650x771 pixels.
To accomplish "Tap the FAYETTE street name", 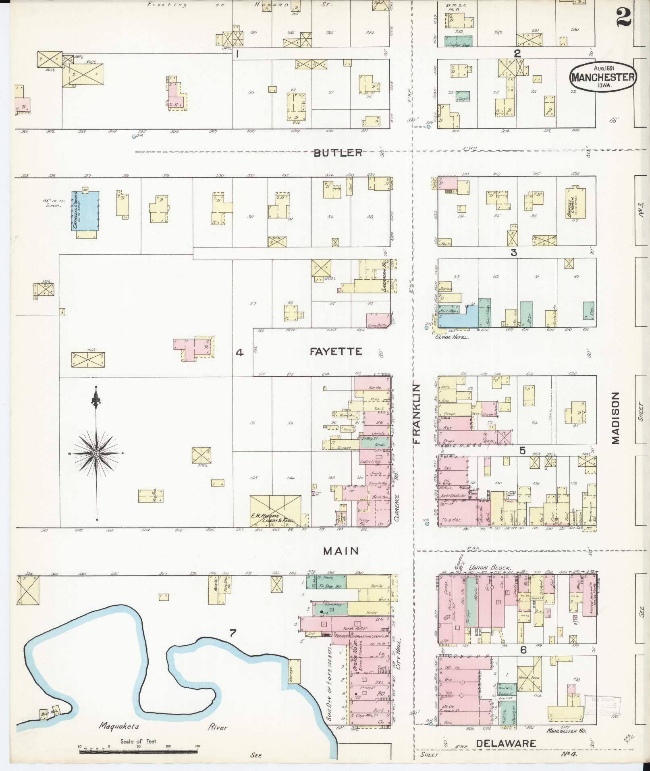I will tap(336, 351).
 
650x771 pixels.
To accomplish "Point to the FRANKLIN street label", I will tap(416, 414).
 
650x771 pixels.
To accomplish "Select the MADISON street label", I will tap(615, 418).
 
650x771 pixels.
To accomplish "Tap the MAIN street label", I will tap(341, 551).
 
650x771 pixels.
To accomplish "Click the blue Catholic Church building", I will tap(85, 210).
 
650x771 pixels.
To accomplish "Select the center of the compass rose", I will tap(96, 454).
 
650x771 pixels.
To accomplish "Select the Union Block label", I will tap(490, 566).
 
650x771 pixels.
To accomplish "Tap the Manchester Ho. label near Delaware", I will tap(566, 730).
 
